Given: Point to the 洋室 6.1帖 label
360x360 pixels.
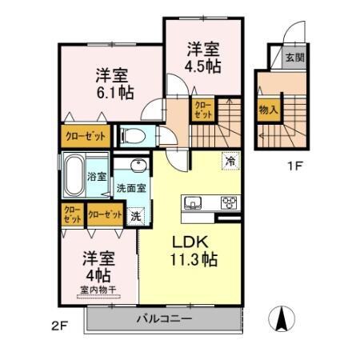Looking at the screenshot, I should coord(111,84).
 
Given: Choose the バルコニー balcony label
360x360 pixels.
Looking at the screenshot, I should coord(162,319).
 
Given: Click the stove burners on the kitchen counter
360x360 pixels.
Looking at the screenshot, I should coord(228,202).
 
